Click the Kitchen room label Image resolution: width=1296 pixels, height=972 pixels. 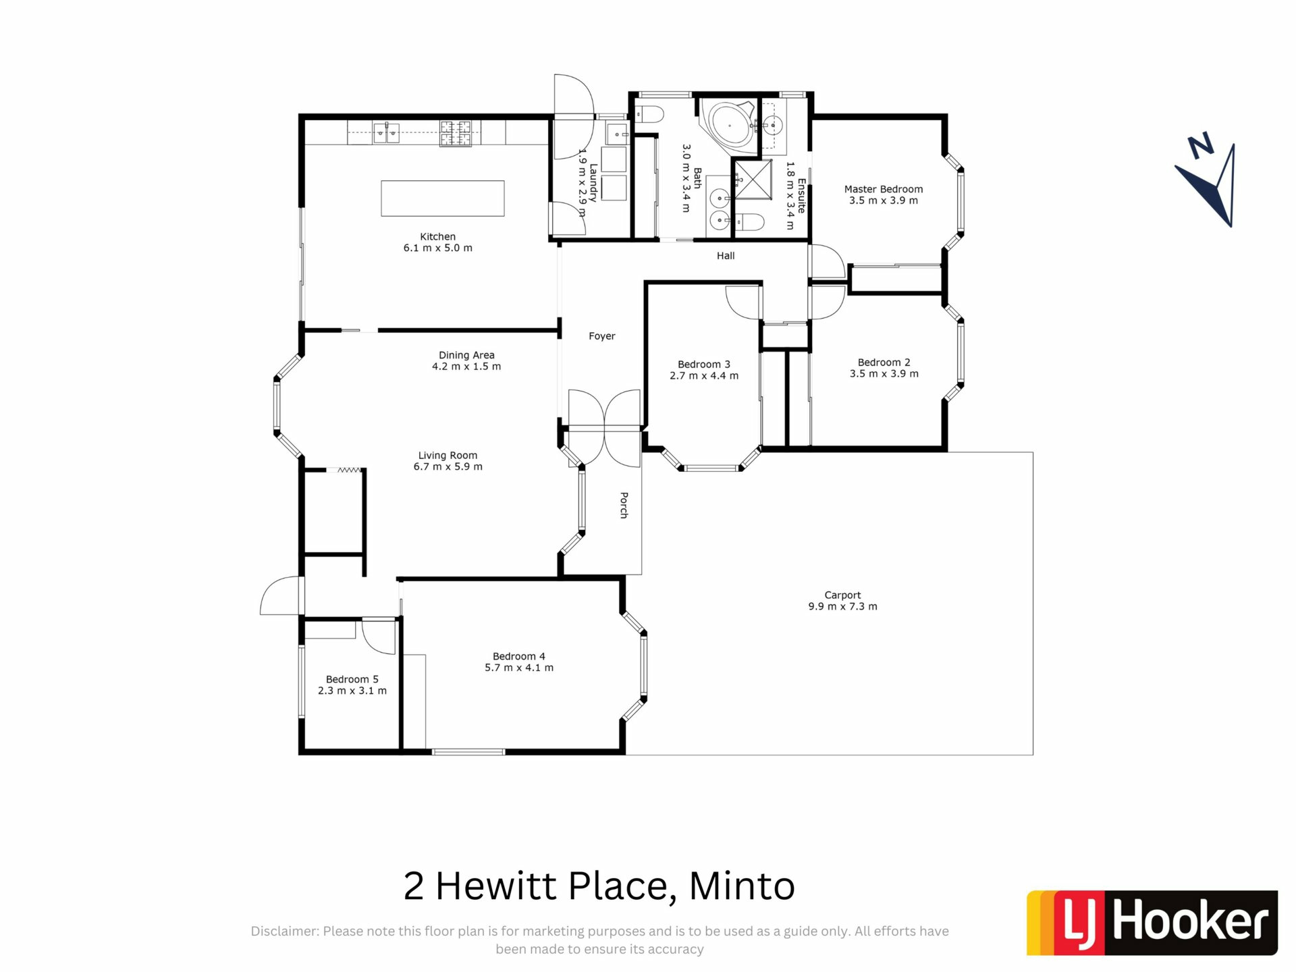(x=438, y=237)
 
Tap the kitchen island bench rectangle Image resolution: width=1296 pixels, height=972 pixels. (x=443, y=198)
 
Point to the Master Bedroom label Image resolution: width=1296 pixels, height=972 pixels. (x=884, y=190)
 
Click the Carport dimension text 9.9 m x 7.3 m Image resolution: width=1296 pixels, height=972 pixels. (x=843, y=607)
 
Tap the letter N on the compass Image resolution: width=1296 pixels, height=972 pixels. (x=1201, y=146)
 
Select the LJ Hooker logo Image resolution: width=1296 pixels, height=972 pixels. (x=1152, y=923)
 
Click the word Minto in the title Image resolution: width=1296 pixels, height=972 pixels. (x=742, y=886)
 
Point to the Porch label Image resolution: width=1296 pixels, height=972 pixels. (x=624, y=505)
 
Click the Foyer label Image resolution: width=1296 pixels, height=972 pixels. (x=602, y=336)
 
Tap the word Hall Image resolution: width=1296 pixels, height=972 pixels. (x=726, y=256)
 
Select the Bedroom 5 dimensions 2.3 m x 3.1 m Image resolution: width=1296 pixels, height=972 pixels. (x=352, y=691)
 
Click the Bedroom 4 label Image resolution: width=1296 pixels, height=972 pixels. (x=519, y=657)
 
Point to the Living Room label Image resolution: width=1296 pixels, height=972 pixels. (x=448, y=456)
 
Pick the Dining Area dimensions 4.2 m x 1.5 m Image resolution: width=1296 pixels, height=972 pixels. (x=466, y=367)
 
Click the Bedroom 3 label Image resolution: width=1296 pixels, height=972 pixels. (x=704, y=364)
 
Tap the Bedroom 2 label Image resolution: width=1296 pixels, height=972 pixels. (x=884, y=362)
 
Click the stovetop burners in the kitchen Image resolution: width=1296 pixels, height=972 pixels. (x=456, y=133)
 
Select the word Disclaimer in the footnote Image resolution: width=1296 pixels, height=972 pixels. (x=284, y=932)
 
